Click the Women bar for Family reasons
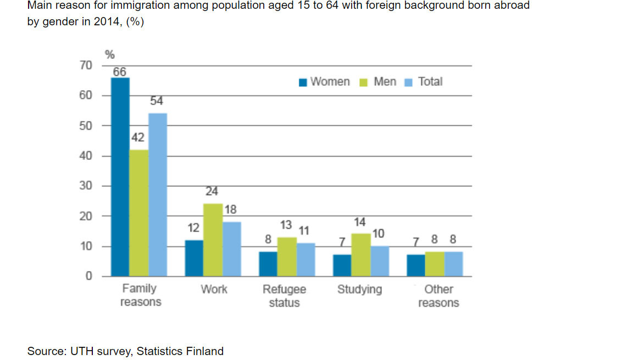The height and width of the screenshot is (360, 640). tap(120, 177)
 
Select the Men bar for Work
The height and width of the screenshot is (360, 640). tap(213, 240)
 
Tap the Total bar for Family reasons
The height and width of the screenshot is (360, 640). tap(158, 195)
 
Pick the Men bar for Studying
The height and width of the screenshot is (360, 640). tap(361, 255)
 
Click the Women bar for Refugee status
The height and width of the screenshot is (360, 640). tap(268, 264)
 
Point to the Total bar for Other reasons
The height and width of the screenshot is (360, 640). tap(453, 264)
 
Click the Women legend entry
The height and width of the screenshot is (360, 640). tap(324, 82)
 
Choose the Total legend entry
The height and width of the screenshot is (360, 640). tap(424, 82)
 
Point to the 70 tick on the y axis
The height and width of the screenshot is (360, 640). tap(86, 65)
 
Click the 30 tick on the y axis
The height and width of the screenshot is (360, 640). tap(86, 186)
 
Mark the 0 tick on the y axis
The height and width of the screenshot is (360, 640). tap(88, 276)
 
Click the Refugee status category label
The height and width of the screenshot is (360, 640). tap(284, 296)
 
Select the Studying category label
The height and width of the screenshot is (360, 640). tap(359, 289)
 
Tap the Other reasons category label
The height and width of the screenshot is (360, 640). tap(438, 296)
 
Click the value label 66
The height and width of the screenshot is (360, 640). tap(120, 72)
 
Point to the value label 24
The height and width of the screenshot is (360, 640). tap(212, 192)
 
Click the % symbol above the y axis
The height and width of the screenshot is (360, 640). tap(110, 54)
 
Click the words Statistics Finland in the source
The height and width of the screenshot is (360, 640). tap(180, 351)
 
